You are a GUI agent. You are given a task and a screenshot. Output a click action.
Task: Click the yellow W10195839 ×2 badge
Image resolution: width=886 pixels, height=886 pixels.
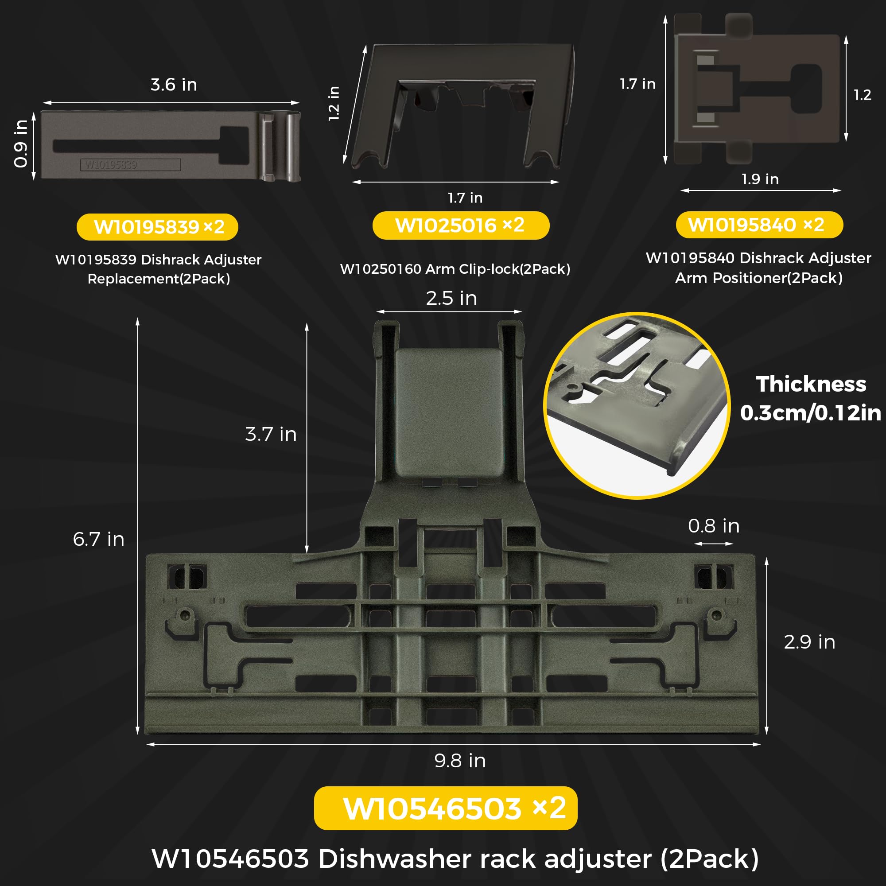157,226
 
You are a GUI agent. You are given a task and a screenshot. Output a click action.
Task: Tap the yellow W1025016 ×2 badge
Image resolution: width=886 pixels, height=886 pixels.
460,225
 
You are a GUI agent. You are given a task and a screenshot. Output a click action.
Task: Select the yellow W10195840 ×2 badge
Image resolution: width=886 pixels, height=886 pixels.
759,225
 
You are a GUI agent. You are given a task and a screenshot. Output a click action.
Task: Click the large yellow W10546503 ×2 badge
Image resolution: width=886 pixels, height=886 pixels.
445,808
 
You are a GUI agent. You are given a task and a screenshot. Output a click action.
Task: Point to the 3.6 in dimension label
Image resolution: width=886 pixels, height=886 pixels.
174,85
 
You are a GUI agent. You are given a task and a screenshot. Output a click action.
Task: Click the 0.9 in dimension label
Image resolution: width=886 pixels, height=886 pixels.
21,144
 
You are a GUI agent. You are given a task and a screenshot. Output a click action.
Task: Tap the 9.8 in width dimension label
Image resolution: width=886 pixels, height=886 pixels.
460,760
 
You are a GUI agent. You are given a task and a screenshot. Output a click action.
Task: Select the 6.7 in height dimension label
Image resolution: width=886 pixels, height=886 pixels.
99,539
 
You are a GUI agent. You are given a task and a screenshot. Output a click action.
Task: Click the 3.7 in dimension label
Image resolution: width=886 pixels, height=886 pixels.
271,434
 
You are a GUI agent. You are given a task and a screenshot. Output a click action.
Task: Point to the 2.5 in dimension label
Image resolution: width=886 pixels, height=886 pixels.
451,298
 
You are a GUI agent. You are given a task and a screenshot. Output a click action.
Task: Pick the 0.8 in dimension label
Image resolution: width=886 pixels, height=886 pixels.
714,525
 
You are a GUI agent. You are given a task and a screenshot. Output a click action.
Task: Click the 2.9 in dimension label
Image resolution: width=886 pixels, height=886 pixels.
809,641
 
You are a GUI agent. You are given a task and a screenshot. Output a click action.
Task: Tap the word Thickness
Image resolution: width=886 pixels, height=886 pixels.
811,384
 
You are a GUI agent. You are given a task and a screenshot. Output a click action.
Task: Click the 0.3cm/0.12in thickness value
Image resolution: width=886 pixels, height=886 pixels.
810,413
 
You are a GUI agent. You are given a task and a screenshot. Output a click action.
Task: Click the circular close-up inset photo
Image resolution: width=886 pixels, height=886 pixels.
637,405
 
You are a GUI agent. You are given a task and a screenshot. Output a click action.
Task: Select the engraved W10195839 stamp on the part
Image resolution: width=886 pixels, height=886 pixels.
130,165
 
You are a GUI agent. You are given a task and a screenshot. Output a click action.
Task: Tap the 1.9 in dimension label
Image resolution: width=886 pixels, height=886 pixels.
760,179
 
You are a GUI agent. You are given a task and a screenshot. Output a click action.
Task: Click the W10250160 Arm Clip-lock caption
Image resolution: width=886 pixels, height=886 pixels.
455,269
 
